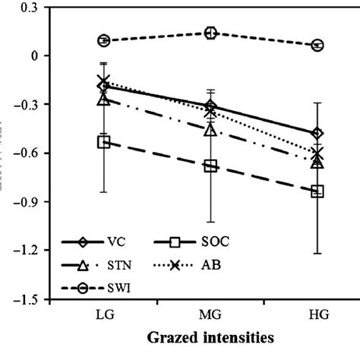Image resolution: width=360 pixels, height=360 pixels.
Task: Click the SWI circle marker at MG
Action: [x=211, y=33]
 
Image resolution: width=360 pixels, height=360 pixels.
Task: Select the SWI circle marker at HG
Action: [x=317, y=46]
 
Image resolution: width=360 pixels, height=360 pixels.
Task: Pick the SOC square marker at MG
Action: [x=211, y=166]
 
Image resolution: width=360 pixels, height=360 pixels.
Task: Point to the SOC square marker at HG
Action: [x=317, y=191]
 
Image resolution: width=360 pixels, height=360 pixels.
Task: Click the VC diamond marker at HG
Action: [x=317, y=134]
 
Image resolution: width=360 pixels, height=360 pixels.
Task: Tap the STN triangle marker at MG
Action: [x=211, y=130]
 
